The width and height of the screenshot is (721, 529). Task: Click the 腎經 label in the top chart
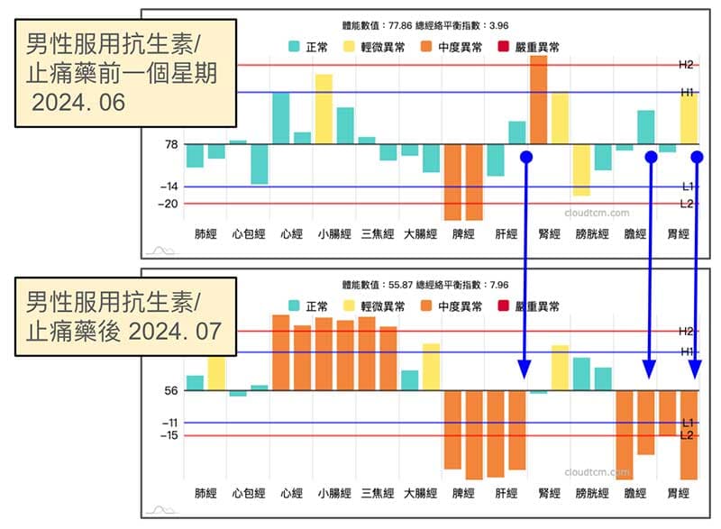pos(549,234)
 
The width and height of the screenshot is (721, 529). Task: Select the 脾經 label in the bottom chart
pos(462,494)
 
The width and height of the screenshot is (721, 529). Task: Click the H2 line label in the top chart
pos(687,65)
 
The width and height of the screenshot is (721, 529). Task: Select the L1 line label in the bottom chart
pos(687,422)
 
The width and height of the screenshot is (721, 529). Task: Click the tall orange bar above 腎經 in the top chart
pos(539,99)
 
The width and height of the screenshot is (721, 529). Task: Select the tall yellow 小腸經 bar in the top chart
pos(324,108)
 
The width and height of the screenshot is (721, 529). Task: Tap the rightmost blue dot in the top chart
pos(697,157)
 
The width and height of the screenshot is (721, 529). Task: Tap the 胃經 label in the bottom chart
pos(678,494)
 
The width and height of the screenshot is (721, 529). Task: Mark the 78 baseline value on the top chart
pos(169,144)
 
